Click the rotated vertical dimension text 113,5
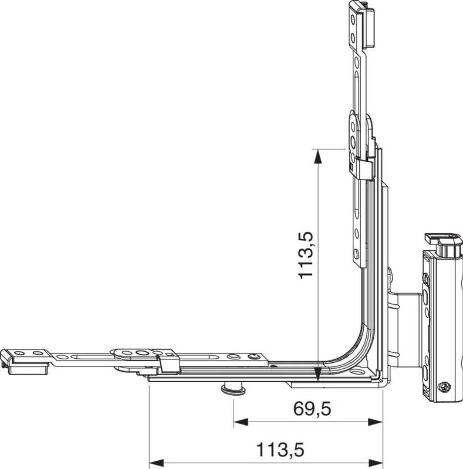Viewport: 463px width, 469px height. pyautogui.click(x=306, y=255)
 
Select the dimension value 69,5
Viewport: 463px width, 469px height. pyautogui.click(x=312, y=409)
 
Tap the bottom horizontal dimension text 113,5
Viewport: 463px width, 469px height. pyautogui.click(x=280, y=449)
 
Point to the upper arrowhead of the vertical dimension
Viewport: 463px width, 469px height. pyautogui.click(x=318, y=156)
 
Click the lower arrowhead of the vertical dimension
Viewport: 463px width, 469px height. pyautogui.click(x=318, y=375)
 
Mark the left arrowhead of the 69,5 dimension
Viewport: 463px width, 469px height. pyautogui.click(x=241, y=422)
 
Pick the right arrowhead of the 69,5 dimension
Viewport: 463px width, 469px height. pyautogui.click(x=376, y=422)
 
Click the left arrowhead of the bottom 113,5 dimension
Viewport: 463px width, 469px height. pyautogui.click(x=156, y=463)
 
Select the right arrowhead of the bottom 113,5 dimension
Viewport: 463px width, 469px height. pyautogui.click(x=376, y=463)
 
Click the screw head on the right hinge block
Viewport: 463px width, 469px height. pyautogui.click(x=444, y=387)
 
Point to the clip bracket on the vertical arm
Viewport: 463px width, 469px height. pyautogui.click(x=362, y=169)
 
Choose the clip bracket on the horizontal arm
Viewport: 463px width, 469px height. pyautogui.click(x=169, y=363)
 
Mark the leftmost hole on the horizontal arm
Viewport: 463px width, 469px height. pyautogui.click(x=18, y=353)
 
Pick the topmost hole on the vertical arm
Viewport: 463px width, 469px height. pyautogui.click(x=353, y=19)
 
